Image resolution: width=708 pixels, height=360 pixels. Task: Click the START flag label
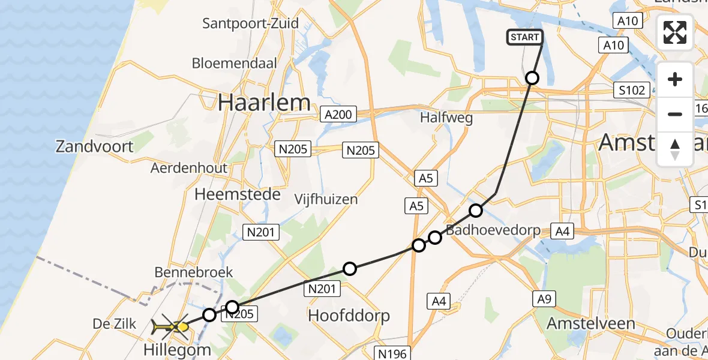tap(525, 37)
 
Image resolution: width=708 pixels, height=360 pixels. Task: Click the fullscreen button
tap(675, 32)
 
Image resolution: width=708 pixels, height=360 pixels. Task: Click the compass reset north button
tap(675, 149)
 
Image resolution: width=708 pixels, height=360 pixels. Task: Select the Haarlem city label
tap(264, 103)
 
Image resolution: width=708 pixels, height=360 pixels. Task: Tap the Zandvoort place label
tap(95, 146)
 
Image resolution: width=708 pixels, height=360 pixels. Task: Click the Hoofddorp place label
tap(349, 316)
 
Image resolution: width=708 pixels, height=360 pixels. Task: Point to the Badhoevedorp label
tap(493, 230)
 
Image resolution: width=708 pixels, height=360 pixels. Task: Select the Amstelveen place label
tap(590, 324)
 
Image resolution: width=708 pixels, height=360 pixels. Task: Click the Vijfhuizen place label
tap(326, 199)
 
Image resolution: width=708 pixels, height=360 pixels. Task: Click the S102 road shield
tap(632, 91)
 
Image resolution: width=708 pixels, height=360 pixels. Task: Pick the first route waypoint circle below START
tap(532, 78)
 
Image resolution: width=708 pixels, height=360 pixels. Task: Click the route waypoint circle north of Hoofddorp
tap(350, 269)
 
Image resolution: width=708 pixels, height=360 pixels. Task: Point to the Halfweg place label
tap(446, 118)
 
